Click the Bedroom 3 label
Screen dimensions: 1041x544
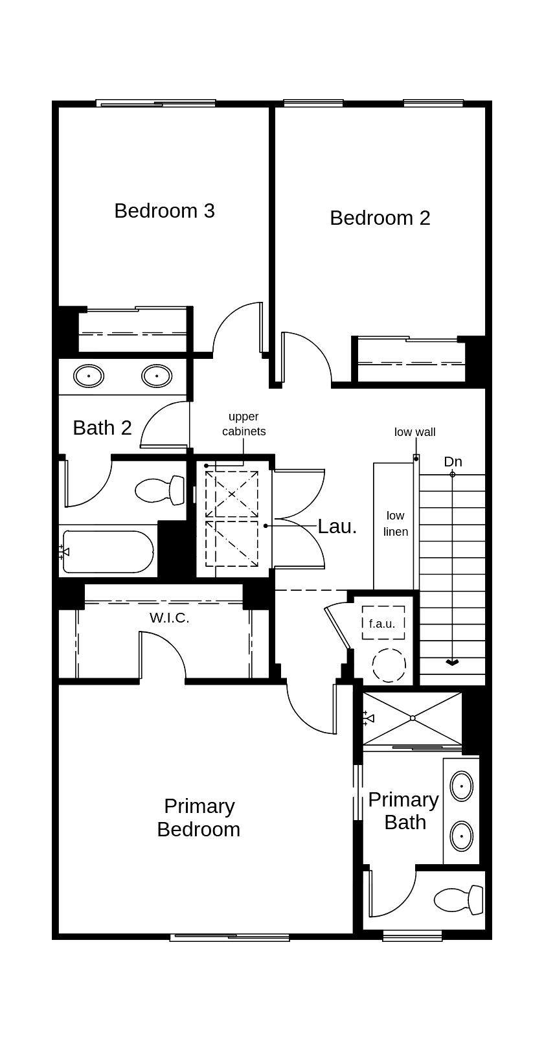coord(164,211)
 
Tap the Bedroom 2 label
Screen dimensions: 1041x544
coord(380,218)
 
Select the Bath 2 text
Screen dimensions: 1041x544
coord(102,428)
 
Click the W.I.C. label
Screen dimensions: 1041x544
coord(170,618)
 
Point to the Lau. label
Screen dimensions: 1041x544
coord(337,527)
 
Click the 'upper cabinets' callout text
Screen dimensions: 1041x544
coord(244,424)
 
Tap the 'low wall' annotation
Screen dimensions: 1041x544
coord(414,432)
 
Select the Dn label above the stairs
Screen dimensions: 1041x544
coord(453,462)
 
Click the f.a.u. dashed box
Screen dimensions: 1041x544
coord(383,623)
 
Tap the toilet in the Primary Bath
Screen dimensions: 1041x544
coord(459,900)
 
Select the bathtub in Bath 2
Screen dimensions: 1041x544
coord(108,552)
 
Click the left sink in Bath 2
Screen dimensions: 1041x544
coord(89,375)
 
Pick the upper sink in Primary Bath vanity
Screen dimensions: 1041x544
coord(461,786)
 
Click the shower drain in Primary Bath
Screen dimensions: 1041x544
coord(413,718)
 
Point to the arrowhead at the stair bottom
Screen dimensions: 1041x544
coord(452,663)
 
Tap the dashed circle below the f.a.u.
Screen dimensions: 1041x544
coord(389,665)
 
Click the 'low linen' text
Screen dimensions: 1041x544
coord(395,523)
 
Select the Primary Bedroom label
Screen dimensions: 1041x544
coord(198,818)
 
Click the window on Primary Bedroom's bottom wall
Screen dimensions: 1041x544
coord(229,937)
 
